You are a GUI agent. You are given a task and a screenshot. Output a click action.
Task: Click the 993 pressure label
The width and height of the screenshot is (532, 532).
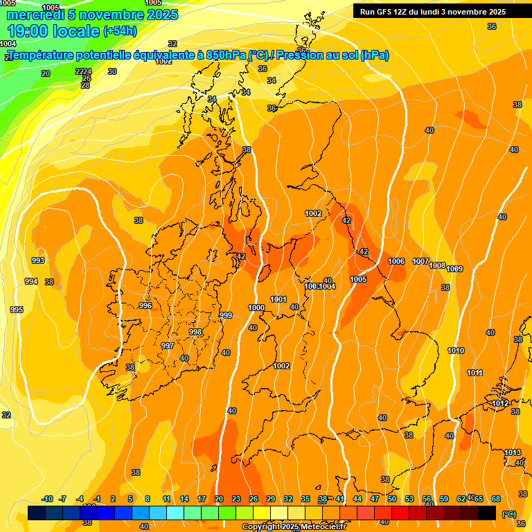point(38,260)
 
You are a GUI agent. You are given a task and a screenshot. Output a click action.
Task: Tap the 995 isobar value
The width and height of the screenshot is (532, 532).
point(17,310)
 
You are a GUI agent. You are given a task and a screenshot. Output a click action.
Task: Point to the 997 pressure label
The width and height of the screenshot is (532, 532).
point(167,346)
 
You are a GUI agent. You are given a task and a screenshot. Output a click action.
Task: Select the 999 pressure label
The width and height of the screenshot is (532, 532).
point(226,315)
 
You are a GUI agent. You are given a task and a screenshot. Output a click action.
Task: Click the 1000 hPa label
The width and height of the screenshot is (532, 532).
point(256,308)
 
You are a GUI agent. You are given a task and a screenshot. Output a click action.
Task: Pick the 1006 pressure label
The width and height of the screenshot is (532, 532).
point(396,261)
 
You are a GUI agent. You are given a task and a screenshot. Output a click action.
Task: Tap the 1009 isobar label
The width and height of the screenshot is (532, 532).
point(454,269)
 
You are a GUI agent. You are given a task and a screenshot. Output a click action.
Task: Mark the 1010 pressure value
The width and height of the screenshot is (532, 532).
point(456,351)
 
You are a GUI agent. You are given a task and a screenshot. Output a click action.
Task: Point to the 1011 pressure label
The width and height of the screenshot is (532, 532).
point(475,373)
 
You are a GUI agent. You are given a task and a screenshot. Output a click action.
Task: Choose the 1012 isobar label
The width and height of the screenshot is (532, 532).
point(500,403)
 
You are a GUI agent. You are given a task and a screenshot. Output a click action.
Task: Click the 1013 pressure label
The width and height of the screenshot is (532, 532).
point(513,452)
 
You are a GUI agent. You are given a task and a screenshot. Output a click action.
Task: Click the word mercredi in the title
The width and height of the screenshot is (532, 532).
point(35,15)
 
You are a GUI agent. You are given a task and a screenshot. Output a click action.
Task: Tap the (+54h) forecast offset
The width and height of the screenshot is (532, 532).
point(120,31)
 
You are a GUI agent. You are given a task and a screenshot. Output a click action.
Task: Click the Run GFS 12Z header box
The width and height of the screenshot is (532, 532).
point(432,12)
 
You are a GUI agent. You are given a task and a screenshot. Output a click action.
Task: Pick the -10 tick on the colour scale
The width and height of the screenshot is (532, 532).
point(47,499)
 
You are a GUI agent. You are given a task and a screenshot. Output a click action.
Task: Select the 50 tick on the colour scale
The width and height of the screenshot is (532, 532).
point(392,499)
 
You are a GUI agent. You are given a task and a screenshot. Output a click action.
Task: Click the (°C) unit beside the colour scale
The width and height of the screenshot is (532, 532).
point(508,513)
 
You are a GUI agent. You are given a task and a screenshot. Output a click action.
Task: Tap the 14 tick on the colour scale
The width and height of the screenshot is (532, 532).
point(184,499)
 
